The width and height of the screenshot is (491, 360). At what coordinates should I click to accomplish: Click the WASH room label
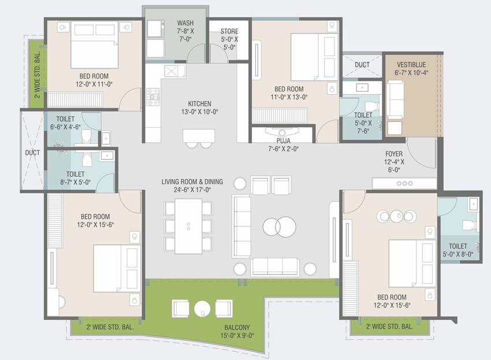tap(185, 23)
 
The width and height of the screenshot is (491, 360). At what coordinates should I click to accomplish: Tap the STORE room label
tap(229, 31)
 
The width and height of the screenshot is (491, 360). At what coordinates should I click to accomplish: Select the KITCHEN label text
tap(199, 103)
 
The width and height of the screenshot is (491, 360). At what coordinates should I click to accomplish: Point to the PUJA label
tap(283, 141)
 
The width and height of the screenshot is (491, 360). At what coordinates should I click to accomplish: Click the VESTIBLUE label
tap(411, 65)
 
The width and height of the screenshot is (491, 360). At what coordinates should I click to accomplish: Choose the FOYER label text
tap(394, 154)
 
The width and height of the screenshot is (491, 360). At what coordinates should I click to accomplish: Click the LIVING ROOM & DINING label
tap(192, 181)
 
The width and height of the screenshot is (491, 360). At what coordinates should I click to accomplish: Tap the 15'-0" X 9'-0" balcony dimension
tap(237, 336)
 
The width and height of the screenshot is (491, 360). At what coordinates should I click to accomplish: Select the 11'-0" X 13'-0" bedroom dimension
tap(289, 97)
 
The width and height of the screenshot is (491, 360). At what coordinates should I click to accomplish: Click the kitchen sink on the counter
tap(174, 72)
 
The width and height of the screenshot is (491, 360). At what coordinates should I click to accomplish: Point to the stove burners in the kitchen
tap(153, 97)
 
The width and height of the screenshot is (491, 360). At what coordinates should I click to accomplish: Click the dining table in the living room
tap(188, 226)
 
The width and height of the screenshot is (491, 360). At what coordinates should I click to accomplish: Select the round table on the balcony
tap(202, 309)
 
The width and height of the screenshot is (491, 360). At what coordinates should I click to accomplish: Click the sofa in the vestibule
tap(395, 99)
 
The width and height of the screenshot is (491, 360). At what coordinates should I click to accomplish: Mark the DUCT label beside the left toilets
tap(32, 153)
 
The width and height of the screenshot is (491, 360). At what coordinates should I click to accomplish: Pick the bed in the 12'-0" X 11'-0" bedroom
tap(95, 44)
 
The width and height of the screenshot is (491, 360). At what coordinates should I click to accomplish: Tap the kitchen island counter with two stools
tap(199, 136)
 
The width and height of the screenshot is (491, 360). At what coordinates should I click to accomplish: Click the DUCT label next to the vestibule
tap(362, 65)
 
